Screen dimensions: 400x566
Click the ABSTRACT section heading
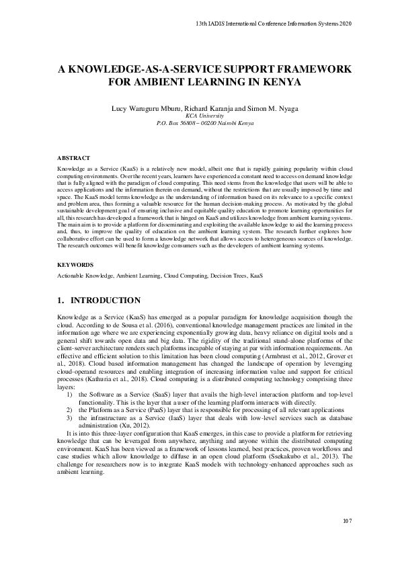pyautogui.click(x=73, y=157)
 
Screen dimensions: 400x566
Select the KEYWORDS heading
pyautogui.click(x=74, y=266)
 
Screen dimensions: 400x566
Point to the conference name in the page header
pyautogui.click(x=269, y=24)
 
